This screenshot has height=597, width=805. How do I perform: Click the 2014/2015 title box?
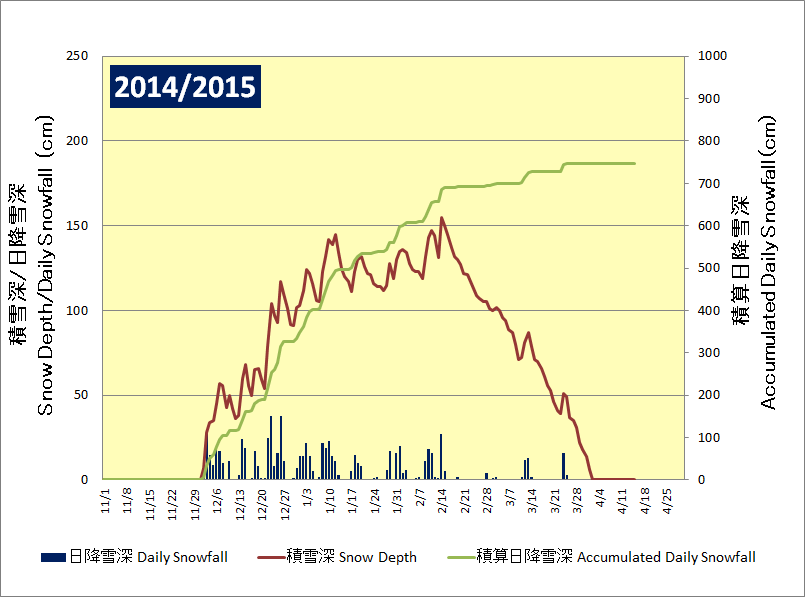pyautogui.click(x=185, y=87)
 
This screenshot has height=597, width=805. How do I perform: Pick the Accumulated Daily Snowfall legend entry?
pyautogui.click(x=600, y=557)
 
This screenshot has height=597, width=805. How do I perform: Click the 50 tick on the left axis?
pyautogui.click(x=80, y=395)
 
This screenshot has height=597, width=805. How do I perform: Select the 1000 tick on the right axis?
pyautogui.click(x=709, y=56)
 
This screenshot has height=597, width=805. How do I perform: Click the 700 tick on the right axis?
pyautogui.click(x=705, y=183)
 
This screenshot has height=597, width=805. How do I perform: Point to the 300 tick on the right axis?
pyautogui.click(x=705, y=353)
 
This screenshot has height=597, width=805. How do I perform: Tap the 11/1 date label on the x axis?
pyautogui.click(x=106, y=497)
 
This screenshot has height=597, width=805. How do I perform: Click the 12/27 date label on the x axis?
pyautogui.click(x=286, y=500)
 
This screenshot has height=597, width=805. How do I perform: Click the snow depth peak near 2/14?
pyautogui.click(x=441, y=217)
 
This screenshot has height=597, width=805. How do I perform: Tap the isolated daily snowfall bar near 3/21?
pyautogui.click(x=563, y=466)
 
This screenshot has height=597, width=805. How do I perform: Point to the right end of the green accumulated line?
pyautogui.click(x=634, y=163)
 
